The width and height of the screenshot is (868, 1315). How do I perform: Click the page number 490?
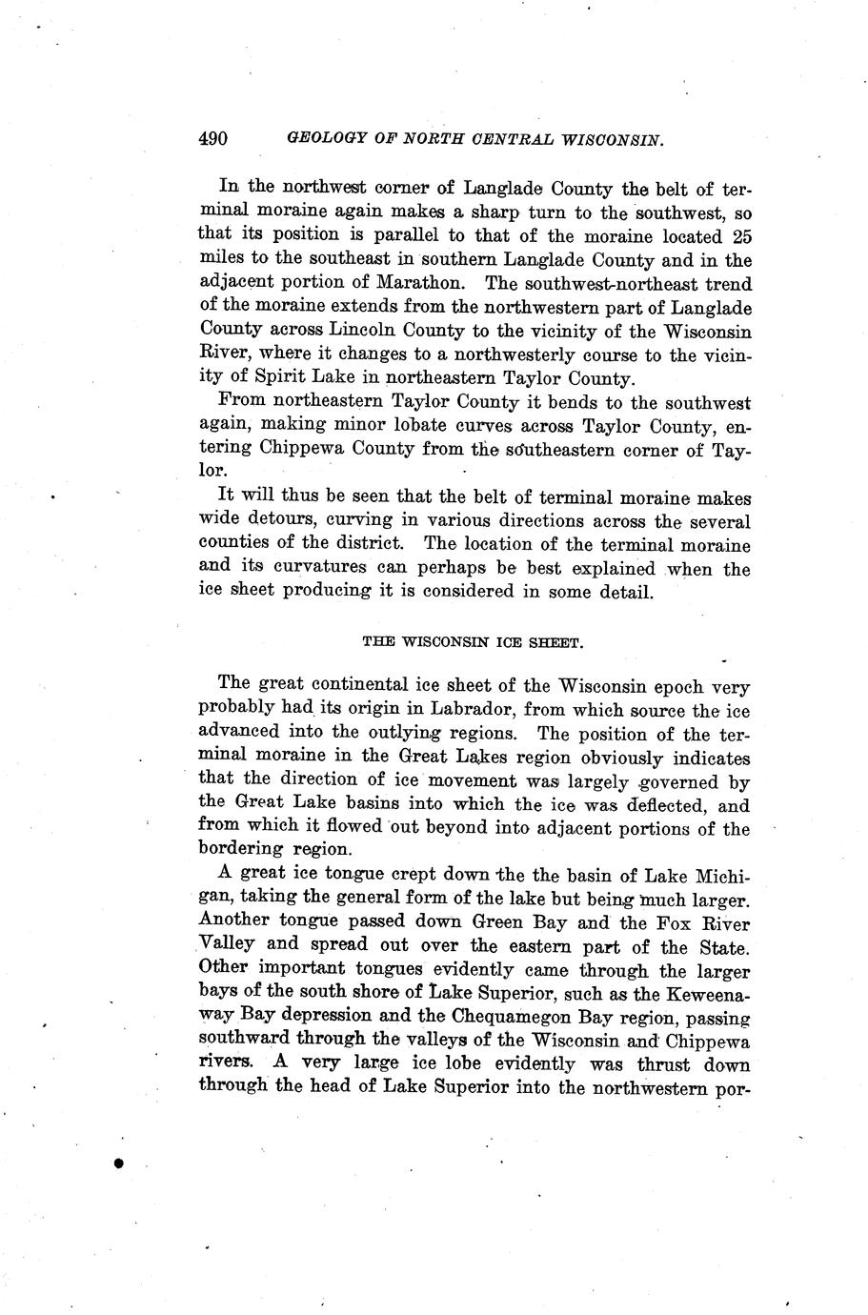pyautogui.click(x=212, y=139)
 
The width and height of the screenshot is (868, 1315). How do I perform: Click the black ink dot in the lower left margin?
pyautogui.click(x=118, y=1163)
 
